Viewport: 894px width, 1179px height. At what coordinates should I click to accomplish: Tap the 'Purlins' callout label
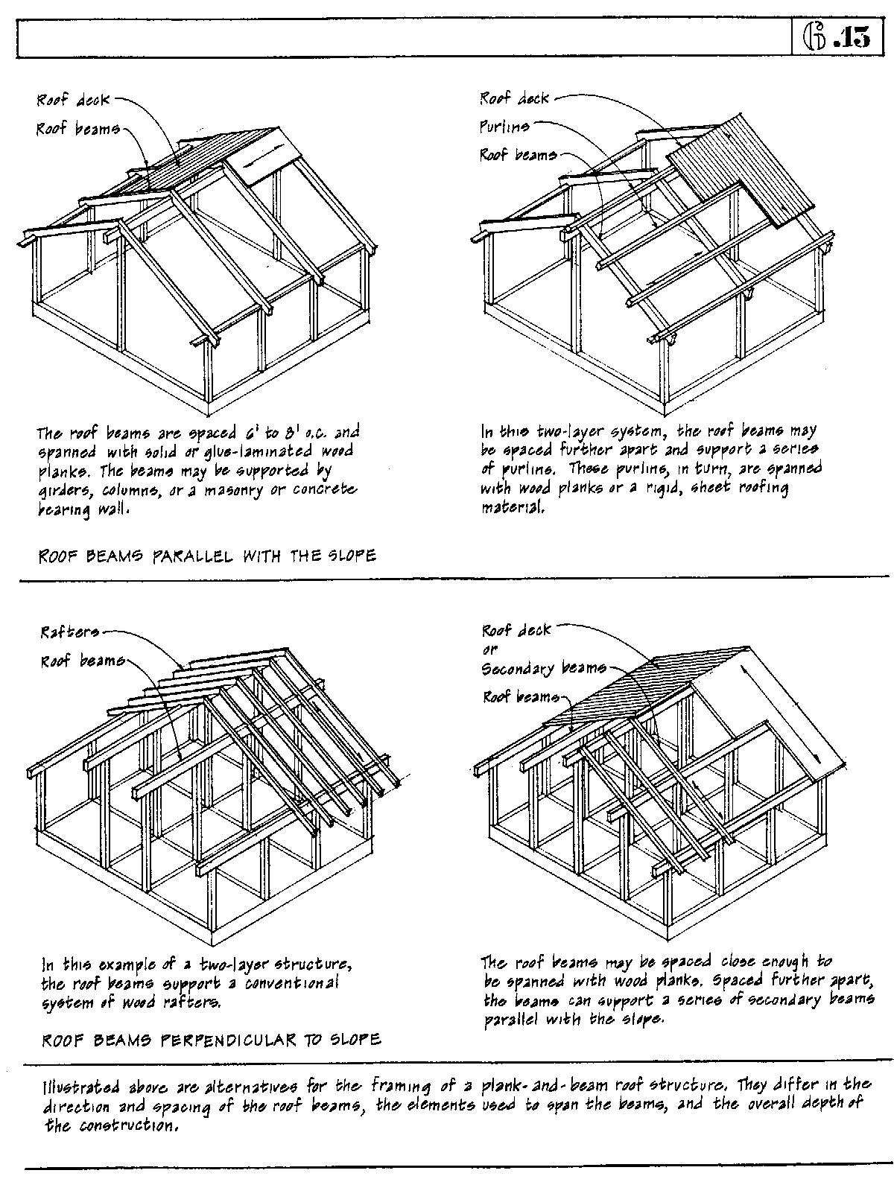(x=504, y=127)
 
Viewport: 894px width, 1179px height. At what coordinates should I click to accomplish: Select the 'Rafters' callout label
(x=69, y=633)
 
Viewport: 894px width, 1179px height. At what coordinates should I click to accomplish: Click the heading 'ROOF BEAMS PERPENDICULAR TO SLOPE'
(x=211, y=1038)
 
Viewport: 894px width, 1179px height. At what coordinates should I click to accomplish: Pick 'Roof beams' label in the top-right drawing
(x=518, y=155)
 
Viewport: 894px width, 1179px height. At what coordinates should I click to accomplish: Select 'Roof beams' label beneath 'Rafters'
(x=82, y=661)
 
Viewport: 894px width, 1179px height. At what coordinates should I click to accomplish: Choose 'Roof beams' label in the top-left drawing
(x=77, y=129)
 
